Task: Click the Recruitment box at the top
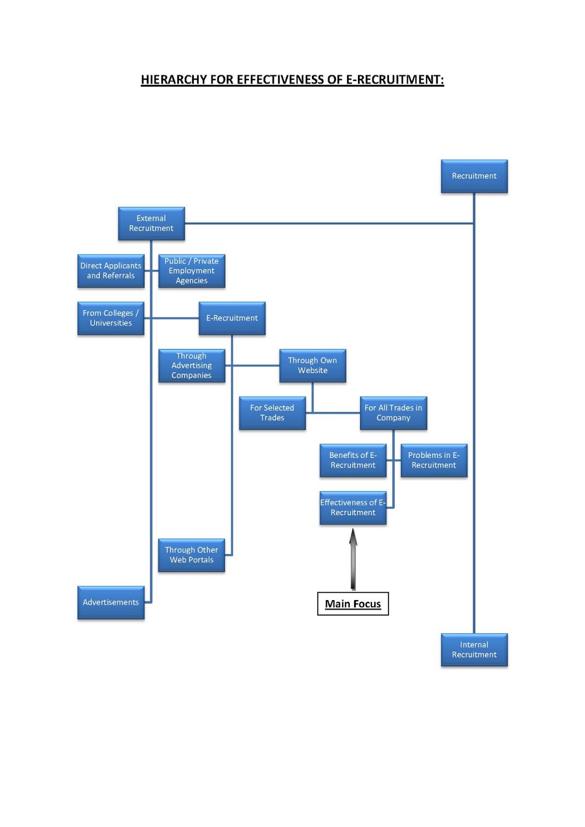tap(474, 176)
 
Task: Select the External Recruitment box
tap(151, 223)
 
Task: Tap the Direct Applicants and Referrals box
tap(111, 271)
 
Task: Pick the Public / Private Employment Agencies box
tap(191, 271)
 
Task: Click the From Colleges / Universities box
tap(111, 318)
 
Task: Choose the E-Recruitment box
tap(232, 318)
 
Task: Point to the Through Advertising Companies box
tap(191, 365)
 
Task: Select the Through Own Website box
tap(312, 365)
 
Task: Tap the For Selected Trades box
tap(272, 412)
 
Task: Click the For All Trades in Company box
tap(393, 412)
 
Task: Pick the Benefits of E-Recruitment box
tap(353, 460)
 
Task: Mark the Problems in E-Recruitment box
tap(433, 460)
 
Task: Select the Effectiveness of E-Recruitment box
tap(353, 508)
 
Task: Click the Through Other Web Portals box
tap(191, 555)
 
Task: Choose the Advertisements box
tap(111, 602)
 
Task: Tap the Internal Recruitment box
tap(474, 650)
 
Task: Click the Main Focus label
tap(353, 604)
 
